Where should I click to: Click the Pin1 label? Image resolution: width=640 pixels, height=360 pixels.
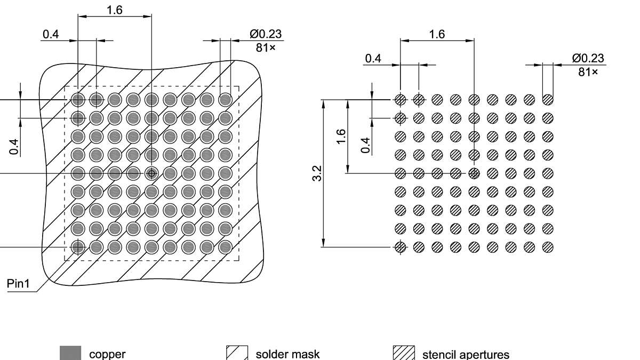coord(18,283)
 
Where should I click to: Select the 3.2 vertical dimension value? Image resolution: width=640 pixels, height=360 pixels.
coord(317,173)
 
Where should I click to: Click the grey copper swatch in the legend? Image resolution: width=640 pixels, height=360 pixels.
coord(70,353)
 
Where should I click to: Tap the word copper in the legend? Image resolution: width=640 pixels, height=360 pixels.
coord(107,354)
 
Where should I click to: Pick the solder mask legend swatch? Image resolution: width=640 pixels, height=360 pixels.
coord(237,353)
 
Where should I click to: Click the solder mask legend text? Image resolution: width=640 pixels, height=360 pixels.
coord(287,354)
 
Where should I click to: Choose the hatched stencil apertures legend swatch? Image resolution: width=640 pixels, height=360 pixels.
coord(404,353)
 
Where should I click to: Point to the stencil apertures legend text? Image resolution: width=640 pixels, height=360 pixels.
coord(466,354)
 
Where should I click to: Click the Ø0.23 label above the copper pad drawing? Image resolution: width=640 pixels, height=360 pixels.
coord(266,35)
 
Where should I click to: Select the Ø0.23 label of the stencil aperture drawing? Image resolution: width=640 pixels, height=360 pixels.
coord(588,59)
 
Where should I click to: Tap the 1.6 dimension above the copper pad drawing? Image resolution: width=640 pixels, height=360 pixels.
coord(115,10)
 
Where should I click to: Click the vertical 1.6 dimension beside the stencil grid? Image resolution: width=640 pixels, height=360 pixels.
coord(342,136)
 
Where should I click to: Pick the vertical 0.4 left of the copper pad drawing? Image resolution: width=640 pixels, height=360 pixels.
coord(14,146)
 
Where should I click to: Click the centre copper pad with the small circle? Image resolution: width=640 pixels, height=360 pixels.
coord(151,173)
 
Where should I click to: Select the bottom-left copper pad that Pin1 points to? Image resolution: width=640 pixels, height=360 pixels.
coord(78,247)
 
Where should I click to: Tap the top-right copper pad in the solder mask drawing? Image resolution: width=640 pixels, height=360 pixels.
coord(225,99)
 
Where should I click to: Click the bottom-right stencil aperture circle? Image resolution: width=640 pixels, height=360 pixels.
coord(548,247)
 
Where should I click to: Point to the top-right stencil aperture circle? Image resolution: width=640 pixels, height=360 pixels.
coord(548,99)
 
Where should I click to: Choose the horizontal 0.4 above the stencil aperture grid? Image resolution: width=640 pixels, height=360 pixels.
coord(373,58)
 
